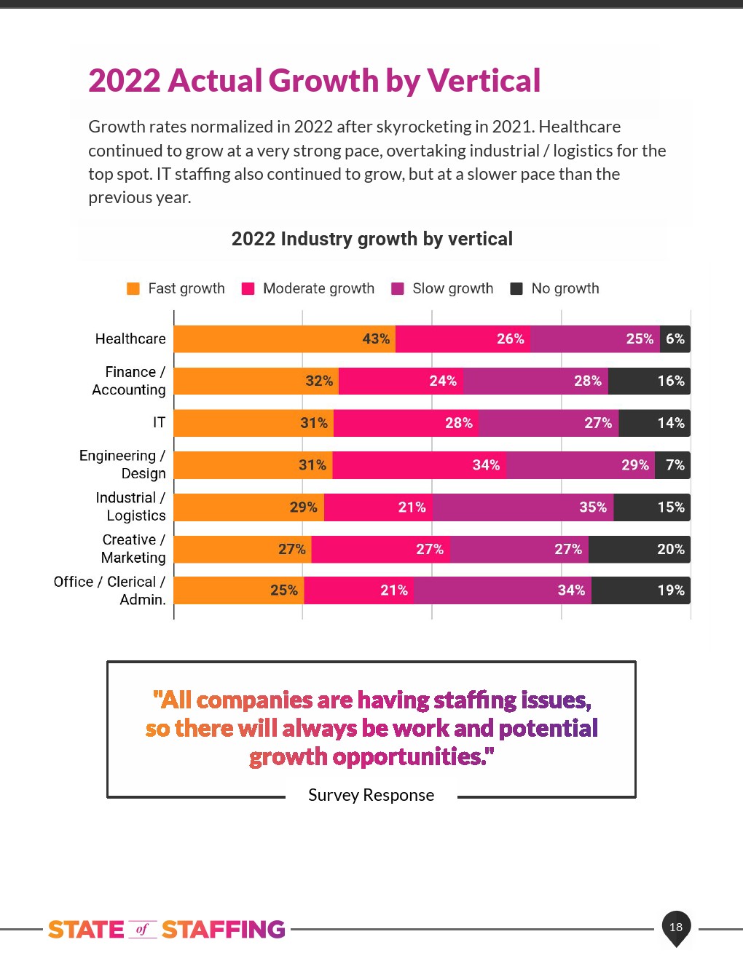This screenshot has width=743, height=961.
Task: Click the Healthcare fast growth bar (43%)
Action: pyautogui.click(x=284, y=339)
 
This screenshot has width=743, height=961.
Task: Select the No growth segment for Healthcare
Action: pyautogui.click(x=675, y=339)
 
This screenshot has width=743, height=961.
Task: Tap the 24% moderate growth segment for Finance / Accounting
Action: pyautogui.click(x=401, y=381)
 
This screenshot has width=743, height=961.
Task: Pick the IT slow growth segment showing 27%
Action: pyautogui.click(x=549, y=424)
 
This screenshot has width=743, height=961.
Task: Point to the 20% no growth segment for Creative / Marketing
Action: pyautogui.click(x=639, y=550)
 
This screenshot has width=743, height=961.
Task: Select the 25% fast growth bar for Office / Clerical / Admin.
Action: pyautogui.click(x=239, y=590)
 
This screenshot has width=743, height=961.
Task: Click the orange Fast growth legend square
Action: pyautogui.click(x=133, y=288)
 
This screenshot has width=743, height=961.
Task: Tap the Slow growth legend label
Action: pyautogui.click(x=452, y=288)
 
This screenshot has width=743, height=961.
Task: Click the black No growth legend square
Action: pyautogui.click(x=516, y=288)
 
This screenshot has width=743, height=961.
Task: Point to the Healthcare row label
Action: pyautogui.click(x=130, y=339)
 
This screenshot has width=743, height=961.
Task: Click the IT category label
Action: pyautogui.click(x=159, y=423)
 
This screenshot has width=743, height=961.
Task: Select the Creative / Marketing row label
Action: pyautogui.click(x=133, y=549)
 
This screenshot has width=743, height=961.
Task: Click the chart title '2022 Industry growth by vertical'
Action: pyautogui.click(x=371, y=240)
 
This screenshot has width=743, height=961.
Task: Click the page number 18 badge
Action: pyautogui.click(x=676, y=927)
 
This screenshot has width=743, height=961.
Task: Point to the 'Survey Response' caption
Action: pyautogui.click(x=371, y=795)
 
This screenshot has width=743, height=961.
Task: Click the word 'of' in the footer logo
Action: pyautogui.click(x=142, y=930)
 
